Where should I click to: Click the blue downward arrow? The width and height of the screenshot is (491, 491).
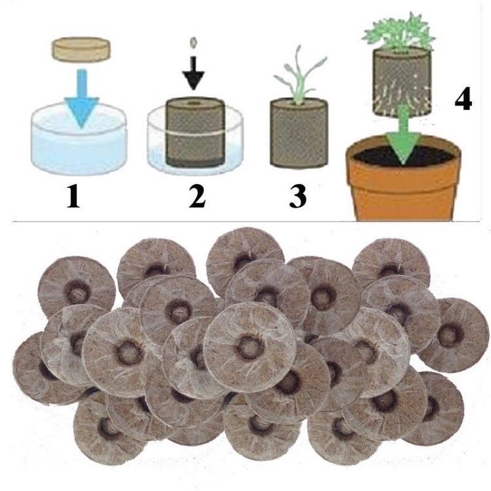(83, 98)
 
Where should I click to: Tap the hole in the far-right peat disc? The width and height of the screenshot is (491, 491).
(450, 334)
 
